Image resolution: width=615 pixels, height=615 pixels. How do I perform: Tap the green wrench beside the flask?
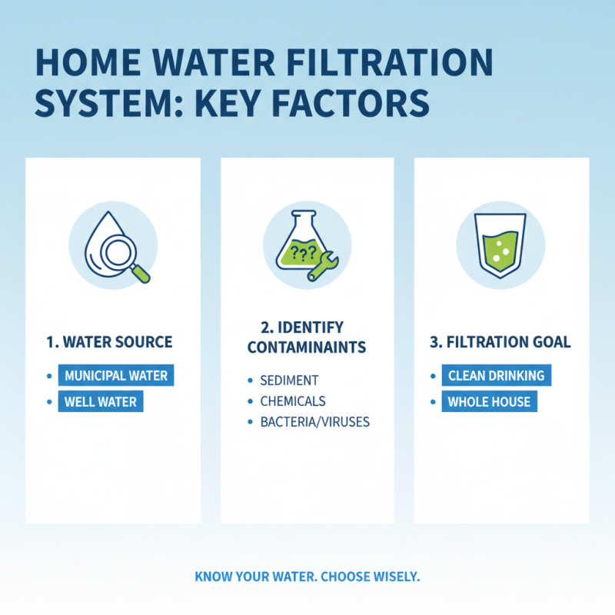(319, 266)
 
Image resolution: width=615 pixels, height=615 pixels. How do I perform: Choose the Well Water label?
(101, 402)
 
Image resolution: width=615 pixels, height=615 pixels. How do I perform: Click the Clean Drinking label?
(496, 376)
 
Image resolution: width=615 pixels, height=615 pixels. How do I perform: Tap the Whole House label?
(490, 401)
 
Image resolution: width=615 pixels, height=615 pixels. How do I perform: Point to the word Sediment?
(289, 381)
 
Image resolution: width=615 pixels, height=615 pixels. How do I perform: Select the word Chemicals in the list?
(293, 401)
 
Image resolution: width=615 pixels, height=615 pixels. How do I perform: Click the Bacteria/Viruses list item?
(315, 422)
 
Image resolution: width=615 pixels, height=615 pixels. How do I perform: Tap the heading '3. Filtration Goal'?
(500, 342)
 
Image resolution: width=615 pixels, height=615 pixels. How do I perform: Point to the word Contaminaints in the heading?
(307, 348)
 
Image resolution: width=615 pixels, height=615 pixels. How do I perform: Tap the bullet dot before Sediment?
(250, 381)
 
